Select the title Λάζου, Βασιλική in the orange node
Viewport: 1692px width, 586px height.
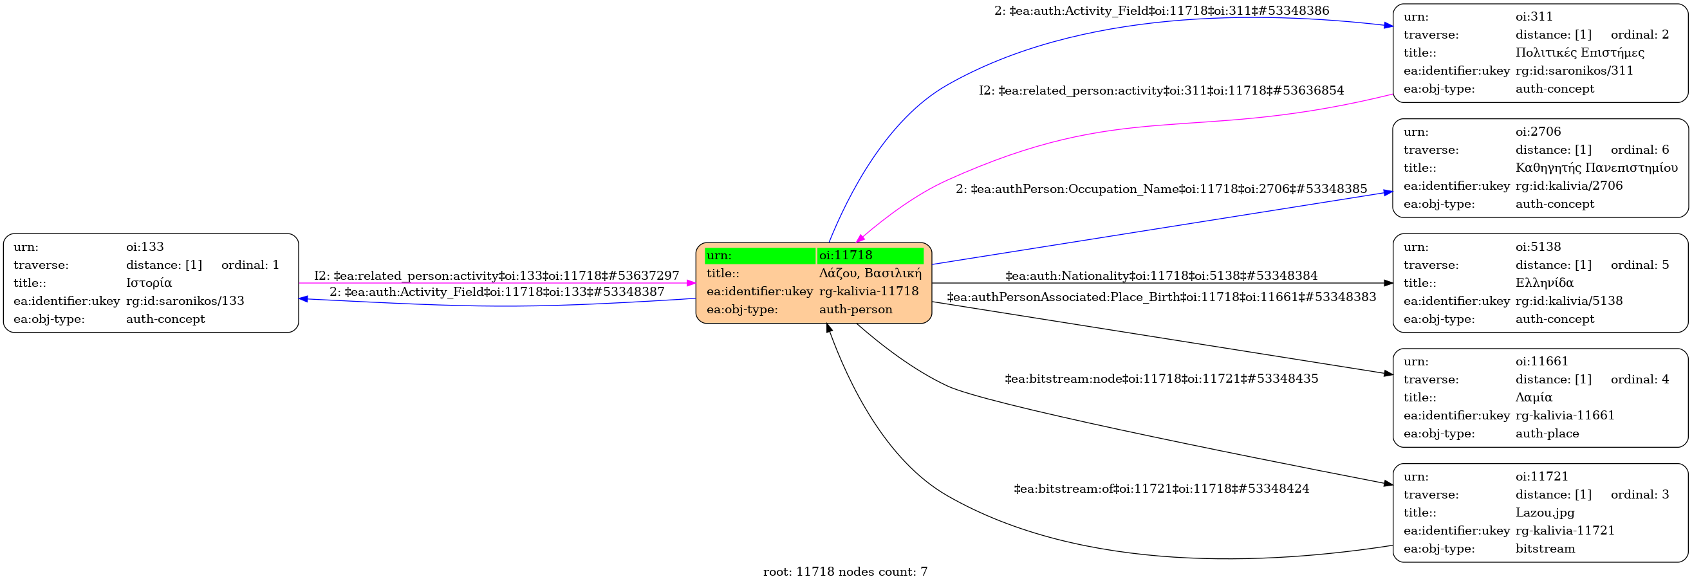(x=869, y=273)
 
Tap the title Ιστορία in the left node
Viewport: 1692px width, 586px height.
(x=149, y=283)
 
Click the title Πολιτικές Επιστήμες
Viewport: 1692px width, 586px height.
(x=1579, y=53)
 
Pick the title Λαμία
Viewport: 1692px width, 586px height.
(x=1534, y=397)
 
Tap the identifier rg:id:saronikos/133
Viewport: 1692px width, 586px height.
(x=185, y=300)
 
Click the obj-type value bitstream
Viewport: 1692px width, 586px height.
(x=1545, y=549)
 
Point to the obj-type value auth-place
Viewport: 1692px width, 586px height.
(x=1547, y=433)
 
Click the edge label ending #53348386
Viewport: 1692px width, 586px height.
(x=1161, y=10)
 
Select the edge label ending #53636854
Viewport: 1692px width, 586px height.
(x=1160, y=91)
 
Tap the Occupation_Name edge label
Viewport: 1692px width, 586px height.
(x=1160, y=189)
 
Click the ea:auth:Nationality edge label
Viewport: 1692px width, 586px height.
(x=1160, y=275)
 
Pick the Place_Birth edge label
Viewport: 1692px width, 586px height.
(x=1160, y=297)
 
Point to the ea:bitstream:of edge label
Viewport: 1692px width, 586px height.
(x=1160, y=489)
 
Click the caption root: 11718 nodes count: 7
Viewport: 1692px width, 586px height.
(x=845, y=572)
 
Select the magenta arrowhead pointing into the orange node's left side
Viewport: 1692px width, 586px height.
(x=691, y=283)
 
